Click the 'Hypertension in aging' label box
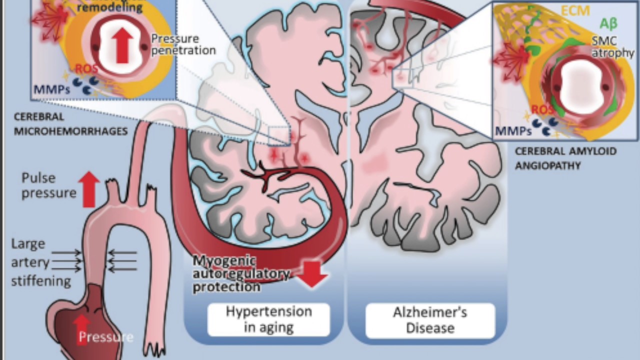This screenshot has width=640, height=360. point(268,319)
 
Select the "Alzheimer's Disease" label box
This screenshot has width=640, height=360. point(430,320)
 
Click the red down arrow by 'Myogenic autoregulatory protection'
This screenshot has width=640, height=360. point(313,274)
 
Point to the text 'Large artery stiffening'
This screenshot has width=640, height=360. point(41,262)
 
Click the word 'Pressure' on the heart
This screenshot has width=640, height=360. point(105,336)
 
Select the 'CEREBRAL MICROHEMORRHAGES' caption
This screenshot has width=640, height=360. point(70,124)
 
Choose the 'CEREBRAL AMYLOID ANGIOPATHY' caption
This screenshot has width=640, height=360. point(565,158)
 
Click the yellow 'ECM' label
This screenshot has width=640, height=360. point(575,10)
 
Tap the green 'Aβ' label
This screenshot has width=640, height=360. point(606,24)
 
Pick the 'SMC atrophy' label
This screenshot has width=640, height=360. point(612,46)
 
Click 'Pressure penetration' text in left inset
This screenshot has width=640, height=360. point(183,44)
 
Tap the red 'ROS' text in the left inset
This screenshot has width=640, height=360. point(86,69)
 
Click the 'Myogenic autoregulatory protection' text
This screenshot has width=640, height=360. point(241,274)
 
